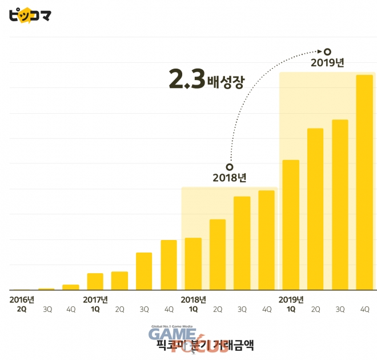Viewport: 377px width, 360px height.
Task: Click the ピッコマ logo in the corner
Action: point(30,14)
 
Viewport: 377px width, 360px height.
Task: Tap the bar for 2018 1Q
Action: point(193,263)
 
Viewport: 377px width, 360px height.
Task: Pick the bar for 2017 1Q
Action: point(95,281)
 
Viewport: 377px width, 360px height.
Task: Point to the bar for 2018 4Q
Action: point(266,240)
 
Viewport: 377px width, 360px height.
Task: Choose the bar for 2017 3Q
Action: point(144,271)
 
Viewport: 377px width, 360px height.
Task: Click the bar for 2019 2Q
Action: point(315,209)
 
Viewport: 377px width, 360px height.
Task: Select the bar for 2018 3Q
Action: point(242,243)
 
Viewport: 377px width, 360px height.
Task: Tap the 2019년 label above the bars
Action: point(327,62)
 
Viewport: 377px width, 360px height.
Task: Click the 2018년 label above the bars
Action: point(229,177)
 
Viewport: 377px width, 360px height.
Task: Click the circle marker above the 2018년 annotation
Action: point(229,166)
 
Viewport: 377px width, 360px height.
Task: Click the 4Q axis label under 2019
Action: point(364,309)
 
